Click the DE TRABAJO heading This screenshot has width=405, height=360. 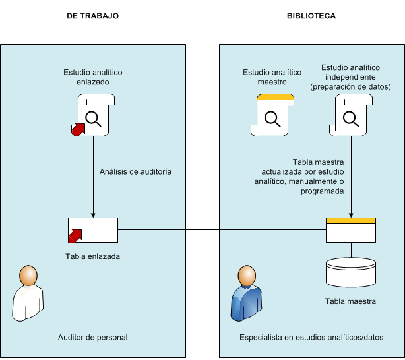[93, 15]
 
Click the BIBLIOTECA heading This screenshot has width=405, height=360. [311, 15]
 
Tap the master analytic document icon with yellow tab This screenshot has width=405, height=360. [272, 115]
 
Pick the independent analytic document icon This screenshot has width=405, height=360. [350, 115]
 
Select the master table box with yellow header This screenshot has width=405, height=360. [350, 230]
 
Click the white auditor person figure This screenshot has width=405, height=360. [27, 293]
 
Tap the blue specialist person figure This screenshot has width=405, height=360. [245, 293]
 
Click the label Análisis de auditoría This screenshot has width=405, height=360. [136, 171]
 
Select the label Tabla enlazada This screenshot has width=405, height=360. [93, 256]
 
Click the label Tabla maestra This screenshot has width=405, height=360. [350, 301]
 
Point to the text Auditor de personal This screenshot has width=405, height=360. [93, 337]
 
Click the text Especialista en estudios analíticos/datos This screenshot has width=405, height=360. [311, 337]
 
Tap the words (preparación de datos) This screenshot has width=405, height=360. [350, 87]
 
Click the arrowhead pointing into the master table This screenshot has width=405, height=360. [350, 214]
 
